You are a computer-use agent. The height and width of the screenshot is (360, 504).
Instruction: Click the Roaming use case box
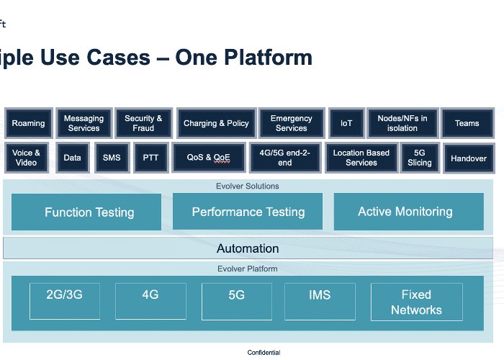tap(29, 123)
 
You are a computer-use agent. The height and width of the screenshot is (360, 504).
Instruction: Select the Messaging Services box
tap(84, 123)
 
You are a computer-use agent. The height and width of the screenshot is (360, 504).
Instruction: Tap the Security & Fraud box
tap(143, 123)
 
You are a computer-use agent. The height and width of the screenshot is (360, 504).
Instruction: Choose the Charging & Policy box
tap(216, 123)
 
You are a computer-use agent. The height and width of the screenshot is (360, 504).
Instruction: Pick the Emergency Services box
tap(292, 123)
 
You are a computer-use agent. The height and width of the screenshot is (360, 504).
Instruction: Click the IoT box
tap(346, 123)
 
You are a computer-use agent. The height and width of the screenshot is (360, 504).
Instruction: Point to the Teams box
tap(467, 123)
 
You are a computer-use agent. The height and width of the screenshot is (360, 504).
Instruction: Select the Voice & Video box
tap(27, 158)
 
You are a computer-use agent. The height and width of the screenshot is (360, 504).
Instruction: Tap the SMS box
tap(112, 158)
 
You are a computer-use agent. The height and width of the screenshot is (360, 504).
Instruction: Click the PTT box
tap(150, 158)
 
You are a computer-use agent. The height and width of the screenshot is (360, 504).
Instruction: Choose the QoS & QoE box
tap(209, 158)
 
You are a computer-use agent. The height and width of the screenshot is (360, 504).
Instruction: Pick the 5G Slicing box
tap(420, 158)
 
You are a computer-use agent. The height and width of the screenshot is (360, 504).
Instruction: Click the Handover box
tap(469, 158)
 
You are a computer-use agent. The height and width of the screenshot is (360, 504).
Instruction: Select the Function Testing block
tap(86, 212)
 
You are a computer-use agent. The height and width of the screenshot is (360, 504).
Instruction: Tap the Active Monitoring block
tap(409, 212)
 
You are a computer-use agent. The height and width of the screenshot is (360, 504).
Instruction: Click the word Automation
tap(248, 248)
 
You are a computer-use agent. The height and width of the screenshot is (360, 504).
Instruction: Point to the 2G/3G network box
tap(65, 301)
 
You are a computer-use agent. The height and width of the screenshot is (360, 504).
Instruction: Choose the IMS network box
tap(320, 302)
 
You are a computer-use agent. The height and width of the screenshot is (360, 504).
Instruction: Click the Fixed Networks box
tap(417, 302)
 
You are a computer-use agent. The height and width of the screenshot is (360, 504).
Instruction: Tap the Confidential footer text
tap(264, 353)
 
